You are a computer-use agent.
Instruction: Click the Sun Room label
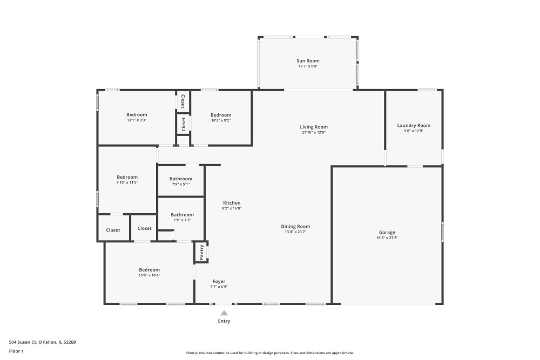308,61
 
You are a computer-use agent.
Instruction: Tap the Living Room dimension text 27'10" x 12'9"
314,132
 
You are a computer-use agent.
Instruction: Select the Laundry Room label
414,126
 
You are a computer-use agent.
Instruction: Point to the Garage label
387,232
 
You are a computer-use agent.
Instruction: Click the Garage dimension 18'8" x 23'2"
387,238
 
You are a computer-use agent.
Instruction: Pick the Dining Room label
295,227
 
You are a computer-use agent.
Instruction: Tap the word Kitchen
232,203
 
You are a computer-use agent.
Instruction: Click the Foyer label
219,282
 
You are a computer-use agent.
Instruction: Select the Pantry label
202,252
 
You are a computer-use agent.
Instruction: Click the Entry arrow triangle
224,313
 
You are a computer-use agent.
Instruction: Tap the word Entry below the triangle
224,321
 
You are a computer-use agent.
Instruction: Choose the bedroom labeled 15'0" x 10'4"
150,272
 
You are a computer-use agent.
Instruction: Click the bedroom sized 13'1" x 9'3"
137,117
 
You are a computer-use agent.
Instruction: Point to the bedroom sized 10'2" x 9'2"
221,117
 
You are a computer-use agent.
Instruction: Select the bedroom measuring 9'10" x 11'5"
127,180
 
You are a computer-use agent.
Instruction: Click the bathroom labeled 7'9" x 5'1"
181,181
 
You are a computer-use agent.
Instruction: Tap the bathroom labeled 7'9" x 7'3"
182,217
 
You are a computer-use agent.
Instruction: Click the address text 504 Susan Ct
23,342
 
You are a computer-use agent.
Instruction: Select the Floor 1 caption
16,351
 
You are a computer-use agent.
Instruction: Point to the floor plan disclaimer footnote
270,353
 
